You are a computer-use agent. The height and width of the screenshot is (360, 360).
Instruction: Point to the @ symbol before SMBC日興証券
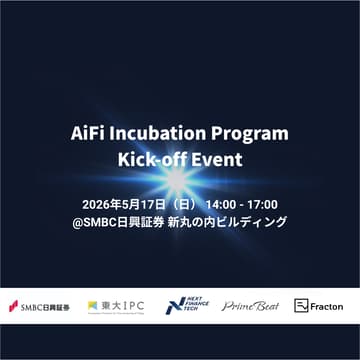(78, 222)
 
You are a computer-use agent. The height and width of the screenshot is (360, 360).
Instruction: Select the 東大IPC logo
(113, 306)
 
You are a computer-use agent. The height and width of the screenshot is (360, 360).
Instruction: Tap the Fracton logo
(318, 306)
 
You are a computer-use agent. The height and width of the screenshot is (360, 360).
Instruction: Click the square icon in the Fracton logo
(300, 306)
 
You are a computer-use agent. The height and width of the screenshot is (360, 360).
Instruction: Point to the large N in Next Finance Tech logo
(172, 306)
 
